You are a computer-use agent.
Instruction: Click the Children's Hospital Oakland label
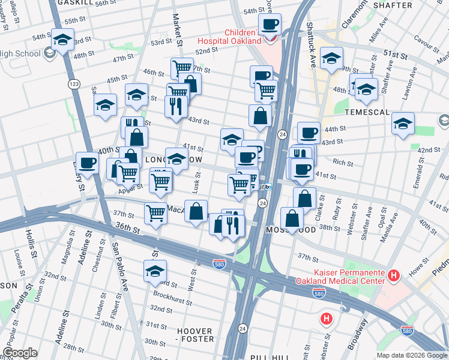click(x=243, y=37)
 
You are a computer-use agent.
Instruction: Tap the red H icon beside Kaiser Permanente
click(x=394, y=275)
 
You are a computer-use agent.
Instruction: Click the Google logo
click(x=21, y=353)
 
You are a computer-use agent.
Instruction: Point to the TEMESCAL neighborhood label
click(x=367, y=113)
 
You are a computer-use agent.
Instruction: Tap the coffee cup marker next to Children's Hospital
click(x=269, y=25)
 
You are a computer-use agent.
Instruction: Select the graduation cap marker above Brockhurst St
click(x=155, y=271)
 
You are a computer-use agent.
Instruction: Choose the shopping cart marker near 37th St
click(x=155, y=212)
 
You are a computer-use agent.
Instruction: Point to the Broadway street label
click(x=361, y=331)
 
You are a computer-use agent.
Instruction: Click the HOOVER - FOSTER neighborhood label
click(x=195, y=335)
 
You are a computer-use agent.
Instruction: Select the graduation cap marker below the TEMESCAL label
click(x=403, y=124)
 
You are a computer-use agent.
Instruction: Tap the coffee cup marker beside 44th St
click(x=309, y=133)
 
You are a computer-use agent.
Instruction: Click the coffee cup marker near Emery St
click(x=87, y=163)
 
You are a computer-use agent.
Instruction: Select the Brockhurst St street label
click(x=172, y=296)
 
